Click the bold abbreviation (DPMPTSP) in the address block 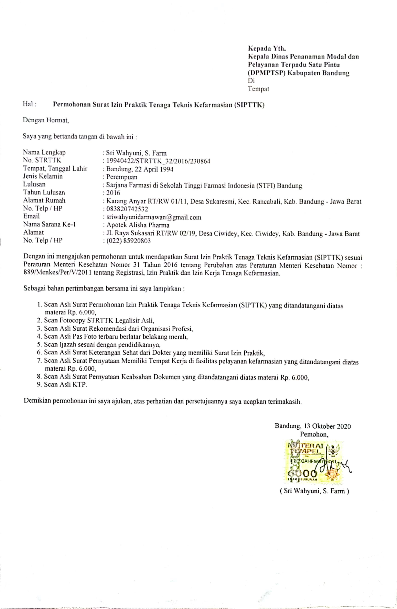(x=266, y=73)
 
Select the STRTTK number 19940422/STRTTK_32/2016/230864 (x=158, y=161)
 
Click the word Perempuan (x=122, y=177)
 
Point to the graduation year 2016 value (x=113, y=193)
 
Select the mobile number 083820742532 (x=127, y=209)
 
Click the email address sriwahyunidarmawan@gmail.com (x=153, y=217)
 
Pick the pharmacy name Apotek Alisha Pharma (x=138, y=225)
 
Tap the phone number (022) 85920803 (x=128, y=241)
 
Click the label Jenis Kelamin (x=43, y=176)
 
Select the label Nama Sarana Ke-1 (x=49, y=224)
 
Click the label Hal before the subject (x=29, y=104)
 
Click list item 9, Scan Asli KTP (x=65, y=384)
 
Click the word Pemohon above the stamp (x=314, y=434)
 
